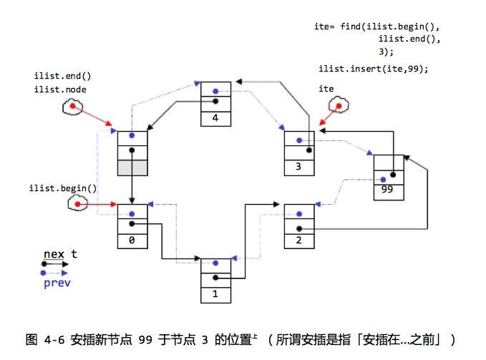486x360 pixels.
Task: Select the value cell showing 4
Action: (215, 118)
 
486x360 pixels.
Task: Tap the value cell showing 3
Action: (298, 167)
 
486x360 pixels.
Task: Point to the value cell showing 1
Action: (215, 293)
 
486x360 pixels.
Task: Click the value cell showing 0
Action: (132, 240)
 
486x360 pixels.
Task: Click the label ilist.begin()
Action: (63, 188)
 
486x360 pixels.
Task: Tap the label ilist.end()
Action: (62, 76)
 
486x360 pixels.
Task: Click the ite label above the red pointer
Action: (326, 88)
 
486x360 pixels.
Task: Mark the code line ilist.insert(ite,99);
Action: (373, 69)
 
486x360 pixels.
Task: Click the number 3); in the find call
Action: (386, 52)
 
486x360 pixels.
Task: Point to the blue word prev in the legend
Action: (57, 283)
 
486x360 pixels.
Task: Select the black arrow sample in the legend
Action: (55, 264)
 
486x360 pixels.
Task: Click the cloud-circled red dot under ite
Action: (334, 106)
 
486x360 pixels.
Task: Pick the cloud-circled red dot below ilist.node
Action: (72, 107)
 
